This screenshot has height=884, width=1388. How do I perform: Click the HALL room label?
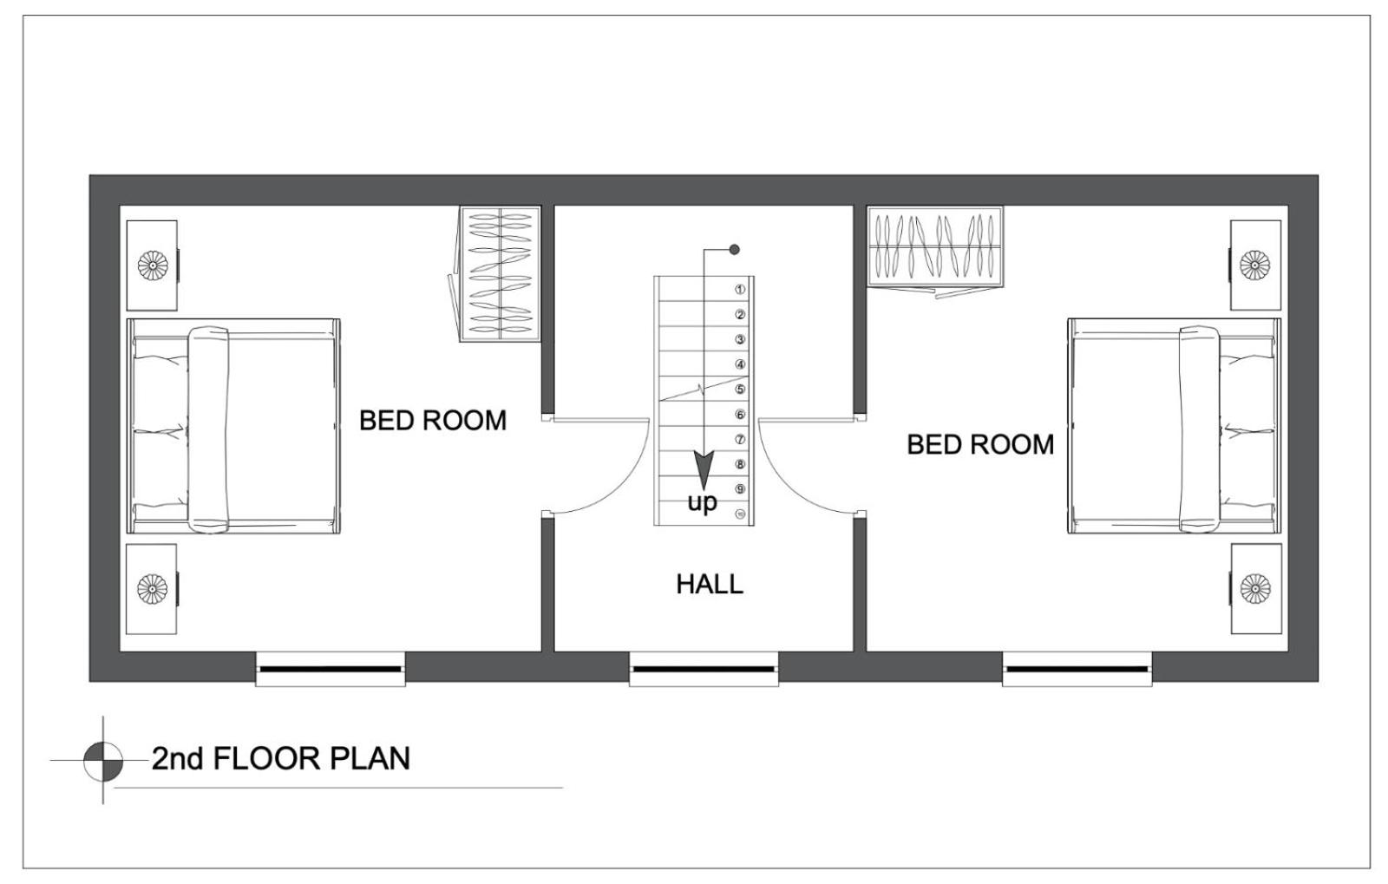[x=710, y=584]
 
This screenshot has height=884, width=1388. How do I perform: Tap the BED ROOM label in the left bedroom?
[x=433, y=421]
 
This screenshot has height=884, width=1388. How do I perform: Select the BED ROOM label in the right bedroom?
[x=980, y=444]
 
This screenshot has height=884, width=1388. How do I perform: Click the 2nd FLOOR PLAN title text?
[x=281, y=758]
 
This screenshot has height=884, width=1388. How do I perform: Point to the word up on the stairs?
[x=702, y=501]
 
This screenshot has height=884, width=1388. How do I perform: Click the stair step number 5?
[x=740, y=389]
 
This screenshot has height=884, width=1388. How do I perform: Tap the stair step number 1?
[x=740, y=289]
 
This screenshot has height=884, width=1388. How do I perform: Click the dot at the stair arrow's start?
[x=734, y=250]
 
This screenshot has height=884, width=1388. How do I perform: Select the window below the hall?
[x=704, y=669]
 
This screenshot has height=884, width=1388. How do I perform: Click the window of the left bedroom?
[x=331, y=669]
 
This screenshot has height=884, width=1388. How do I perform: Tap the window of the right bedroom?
[x=1077, y=669]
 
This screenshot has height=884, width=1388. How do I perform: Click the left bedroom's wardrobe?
[x=500, y=274]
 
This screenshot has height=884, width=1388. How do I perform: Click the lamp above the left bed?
[x=153, y=265]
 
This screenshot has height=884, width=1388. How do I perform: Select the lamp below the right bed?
[x=1255, y=588]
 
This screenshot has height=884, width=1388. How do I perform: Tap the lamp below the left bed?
[x=153, y=588]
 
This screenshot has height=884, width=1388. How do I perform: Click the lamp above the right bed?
[x=1254, y=265]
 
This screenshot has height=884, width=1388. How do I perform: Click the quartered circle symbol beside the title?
[x=103, y=760]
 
